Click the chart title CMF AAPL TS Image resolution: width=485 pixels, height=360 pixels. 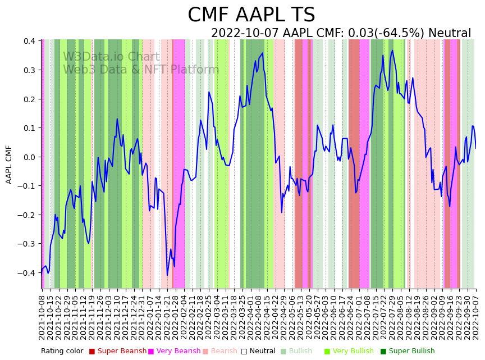click(x=251, y=15)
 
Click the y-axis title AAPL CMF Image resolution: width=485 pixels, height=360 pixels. click(x=9, y=164)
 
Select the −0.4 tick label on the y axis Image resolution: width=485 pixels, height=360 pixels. click(x=28, y=273)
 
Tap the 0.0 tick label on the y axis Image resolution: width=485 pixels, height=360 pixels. click(x=30, y=157)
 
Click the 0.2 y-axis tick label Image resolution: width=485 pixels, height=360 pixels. click(x=30, y=99)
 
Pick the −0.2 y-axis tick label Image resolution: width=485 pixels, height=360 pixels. click(x=28, y=215)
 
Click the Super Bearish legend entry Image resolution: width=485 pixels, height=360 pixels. click(x=119, y=351)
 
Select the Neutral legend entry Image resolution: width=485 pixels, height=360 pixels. click(x=262, y=351)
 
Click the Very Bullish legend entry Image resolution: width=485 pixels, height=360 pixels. click(x=353, y=351)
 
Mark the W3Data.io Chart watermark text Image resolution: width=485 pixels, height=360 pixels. click(x=111, y=57)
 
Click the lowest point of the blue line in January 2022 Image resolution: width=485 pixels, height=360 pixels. click(x=167, y=275)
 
